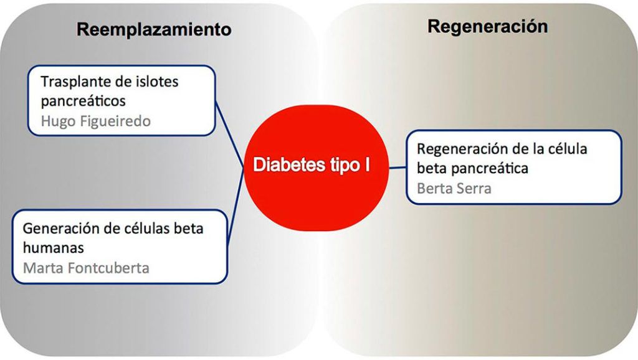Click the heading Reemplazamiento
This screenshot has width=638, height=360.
click(x=154, y=30)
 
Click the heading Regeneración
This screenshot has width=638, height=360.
click(x=487, y=27)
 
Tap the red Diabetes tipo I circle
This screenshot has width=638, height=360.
click(x=316, y=168)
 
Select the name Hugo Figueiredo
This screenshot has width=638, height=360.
click(x=96, y=121)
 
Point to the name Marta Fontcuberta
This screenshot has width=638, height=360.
click(x=86, y=268)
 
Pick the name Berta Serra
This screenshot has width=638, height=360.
click(x=454, y=188)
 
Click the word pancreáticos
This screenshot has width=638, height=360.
click(x=83, y=102)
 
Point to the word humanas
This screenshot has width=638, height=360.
click(x=54, y=248)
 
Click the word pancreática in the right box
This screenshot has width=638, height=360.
click(x=490, y=168)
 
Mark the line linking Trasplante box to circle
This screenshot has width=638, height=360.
click(x=229, y=134)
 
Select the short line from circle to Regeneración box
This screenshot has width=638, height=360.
click(x=398, y=167)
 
